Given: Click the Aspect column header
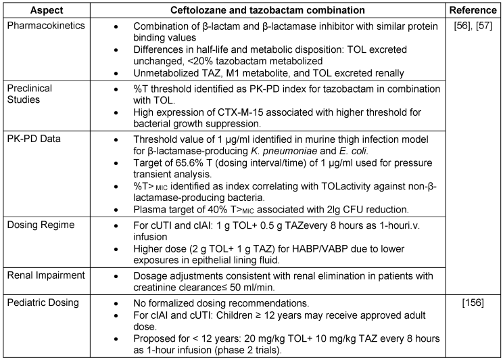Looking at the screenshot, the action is pos(47,10).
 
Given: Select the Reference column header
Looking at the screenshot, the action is pos(473,10).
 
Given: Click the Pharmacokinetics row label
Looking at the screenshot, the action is pos(46,26).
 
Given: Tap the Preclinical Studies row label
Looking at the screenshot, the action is pos(30,94).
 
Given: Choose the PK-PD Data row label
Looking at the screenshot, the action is pos(34,139).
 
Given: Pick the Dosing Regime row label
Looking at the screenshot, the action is pos(41,225).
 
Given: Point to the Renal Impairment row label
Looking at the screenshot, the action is pos(46,275).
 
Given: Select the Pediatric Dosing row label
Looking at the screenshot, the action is pos(43,302).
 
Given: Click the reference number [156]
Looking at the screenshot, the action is pos(473,302).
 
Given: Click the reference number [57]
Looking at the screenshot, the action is pos(484,26).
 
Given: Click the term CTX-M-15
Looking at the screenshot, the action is pos(242,112).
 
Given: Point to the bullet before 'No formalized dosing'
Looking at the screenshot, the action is pos(116,303).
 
